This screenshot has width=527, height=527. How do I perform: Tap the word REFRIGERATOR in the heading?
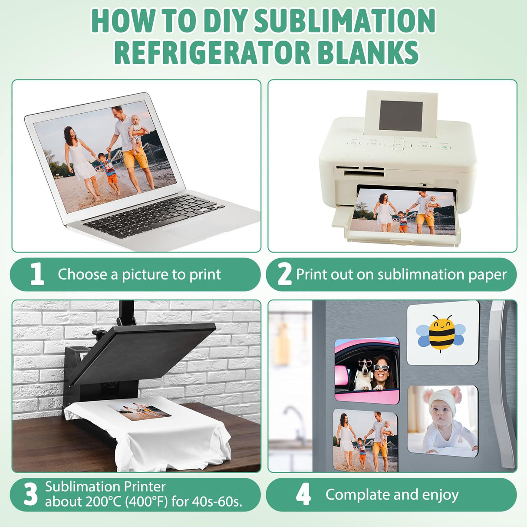click(x=212, y=53)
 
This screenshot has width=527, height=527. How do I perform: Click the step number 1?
click(x=37, y=274)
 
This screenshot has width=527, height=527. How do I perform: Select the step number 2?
click(x=284, y=274)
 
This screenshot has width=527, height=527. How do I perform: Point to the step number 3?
click(x=31, y=494)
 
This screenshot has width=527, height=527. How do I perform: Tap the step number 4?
click(x=303, y=494)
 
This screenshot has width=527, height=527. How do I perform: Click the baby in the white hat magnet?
click(x=442, y=421)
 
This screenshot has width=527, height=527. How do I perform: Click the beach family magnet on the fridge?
click(x=366, y=440)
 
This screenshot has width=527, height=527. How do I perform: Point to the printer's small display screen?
click(x=400, y=116)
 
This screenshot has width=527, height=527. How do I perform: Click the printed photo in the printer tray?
click(x=404, y=212)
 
